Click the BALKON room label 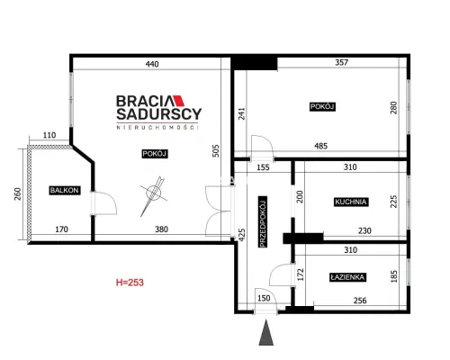[65, 190]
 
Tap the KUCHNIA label [351, 202]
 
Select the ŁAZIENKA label [347, 277]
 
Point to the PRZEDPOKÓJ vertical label [263, 222]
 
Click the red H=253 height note [130, 283]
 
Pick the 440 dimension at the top [152, 64]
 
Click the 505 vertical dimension [216, 151]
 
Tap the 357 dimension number [341, 62]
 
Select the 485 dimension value [320, 146]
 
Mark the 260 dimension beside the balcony [18, 193]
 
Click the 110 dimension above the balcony [49, 135]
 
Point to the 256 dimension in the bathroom [360, 301]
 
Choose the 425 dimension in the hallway [242, 235]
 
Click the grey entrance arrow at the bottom [265, 332]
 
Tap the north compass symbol [154, 195]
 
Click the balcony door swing [103, 203]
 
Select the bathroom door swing [281, 274]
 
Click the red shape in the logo [179, 101]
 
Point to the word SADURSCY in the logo [159, 114]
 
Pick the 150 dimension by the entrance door [264, 298]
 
